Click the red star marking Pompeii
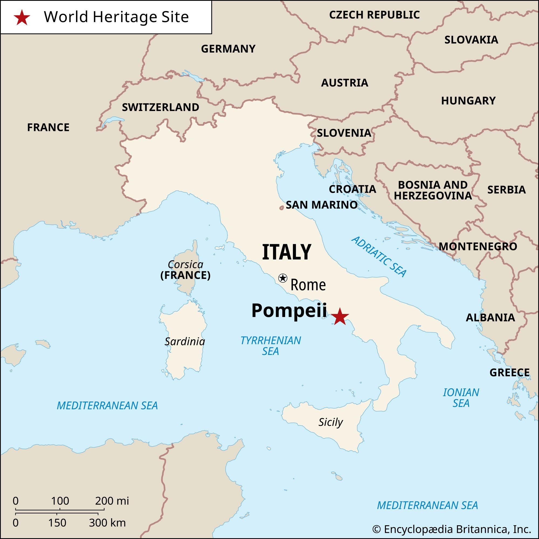[340, 317]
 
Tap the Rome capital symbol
[283, 278]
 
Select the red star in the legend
[22, 18]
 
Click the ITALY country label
[286, 252]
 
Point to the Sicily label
[331, 422]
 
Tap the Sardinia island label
[185, 341]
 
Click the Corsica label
[185, 264]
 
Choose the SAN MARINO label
[322, 205]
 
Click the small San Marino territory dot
[281, 208]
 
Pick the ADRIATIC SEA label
[379, 256]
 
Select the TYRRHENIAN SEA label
[271, 346]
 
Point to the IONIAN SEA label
[461, 398]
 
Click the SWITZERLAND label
[160, 107]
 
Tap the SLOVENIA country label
[344, 133]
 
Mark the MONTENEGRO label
[478, 246]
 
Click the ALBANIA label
[490, 317]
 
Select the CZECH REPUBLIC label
[374, 15]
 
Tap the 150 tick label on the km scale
[57, 523]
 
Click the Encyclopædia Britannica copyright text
[451, 529]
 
